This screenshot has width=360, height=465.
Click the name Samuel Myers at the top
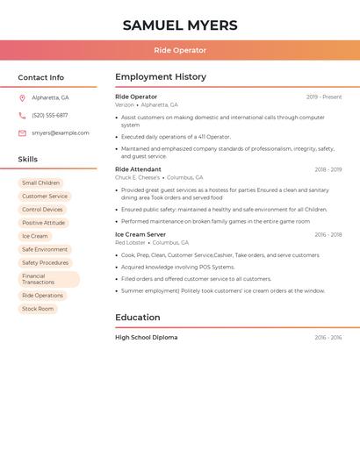pyautogui.click(x=180, y=25)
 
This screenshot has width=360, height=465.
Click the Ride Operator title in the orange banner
pyautogui.click(x=180, y=50)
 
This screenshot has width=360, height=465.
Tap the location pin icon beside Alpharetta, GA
pyautogui.click(x=22, y=97)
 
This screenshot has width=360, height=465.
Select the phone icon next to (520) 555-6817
pyautogui.click(x=22, y=115)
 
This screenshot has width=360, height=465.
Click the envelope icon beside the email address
pyautogui.click(x=22, y=133)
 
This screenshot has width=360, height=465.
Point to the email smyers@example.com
pyautogui.click(x=61, y=133)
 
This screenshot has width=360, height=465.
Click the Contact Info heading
pyautogui.click(x=40, y=77)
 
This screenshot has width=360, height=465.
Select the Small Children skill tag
pyautogui.click(x=41, y=183)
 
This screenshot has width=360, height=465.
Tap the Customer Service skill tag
pyautogui.click(x=45, y=197)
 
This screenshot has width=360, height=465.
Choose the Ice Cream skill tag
pyautogui.click(x=35, y=236)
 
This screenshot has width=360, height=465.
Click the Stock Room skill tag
pyautogui.click(x=38, y=309)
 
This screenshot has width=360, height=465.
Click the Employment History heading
pyautogui.click(x=161, y=77)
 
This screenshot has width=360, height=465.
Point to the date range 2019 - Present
pyautogui.click(x=324, y=97)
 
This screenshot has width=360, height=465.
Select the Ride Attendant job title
pyautogui.click(x=138, y=169)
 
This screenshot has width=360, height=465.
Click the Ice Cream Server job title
pyautogui.click(x=140, y=234)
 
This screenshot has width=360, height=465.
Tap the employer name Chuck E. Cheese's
pyautogui.click(x=137, y=177)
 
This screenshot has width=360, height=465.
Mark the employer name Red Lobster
pyautogui.click(x=131, y=242)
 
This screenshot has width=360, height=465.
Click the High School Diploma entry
pyautogui.click(x=146, y=337)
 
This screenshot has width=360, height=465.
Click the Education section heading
pyautogui.click(x=138, y=318)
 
